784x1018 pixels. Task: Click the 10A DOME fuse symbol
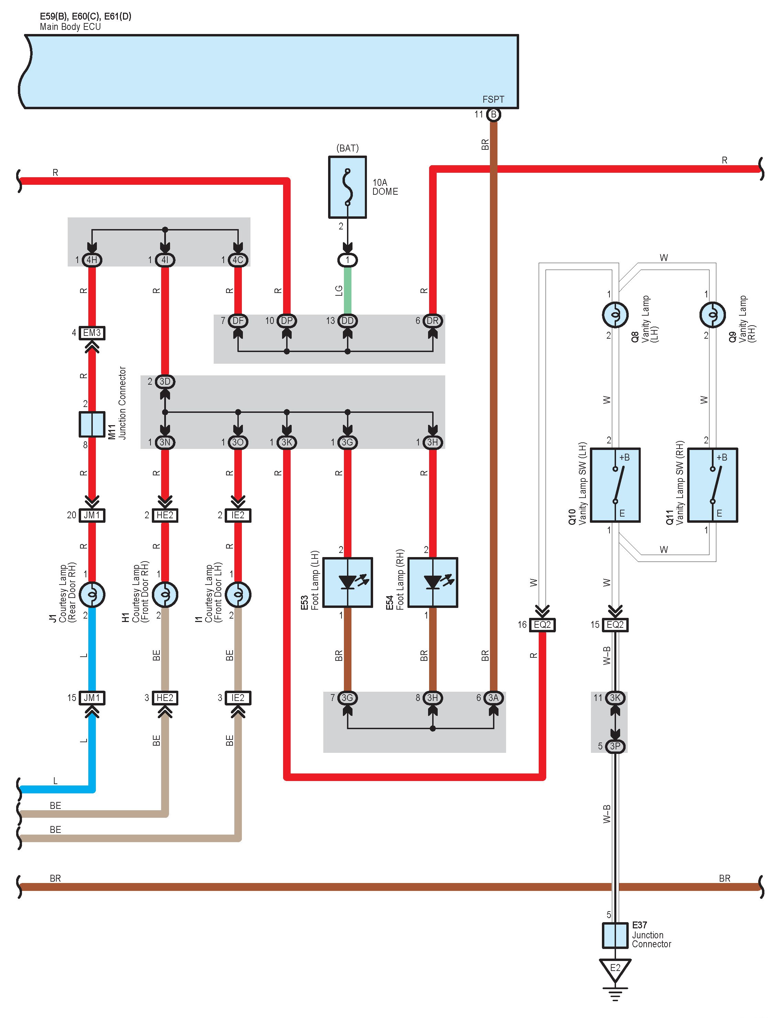click(347, 187)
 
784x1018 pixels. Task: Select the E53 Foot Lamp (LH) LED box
click(347, 582)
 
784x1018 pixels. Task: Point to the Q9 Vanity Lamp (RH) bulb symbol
click(712, 315)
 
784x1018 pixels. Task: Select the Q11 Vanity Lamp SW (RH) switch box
click(712, 485)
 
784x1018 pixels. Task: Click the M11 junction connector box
click(92, 424)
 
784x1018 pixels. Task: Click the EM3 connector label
click(92, 333)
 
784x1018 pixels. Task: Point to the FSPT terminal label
click(493, 99)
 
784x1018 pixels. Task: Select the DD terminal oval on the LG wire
click(347, 321)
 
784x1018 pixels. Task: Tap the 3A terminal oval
click(493, 698)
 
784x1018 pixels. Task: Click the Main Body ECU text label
click(70, 26)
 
